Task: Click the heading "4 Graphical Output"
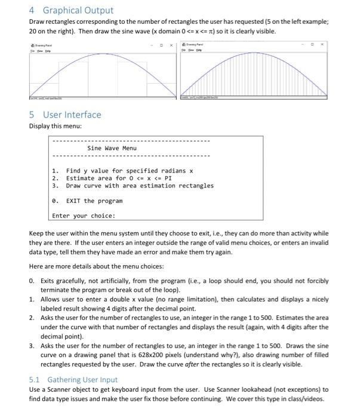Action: click(70, 10)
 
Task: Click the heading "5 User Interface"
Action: click(65, 115)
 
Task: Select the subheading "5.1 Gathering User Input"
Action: click(73, 379)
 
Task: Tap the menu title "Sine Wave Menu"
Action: click(112, 148)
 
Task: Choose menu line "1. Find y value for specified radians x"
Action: click(122, 171)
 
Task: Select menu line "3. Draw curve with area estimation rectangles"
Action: click(133, 186)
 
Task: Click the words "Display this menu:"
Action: click(56, 127)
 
